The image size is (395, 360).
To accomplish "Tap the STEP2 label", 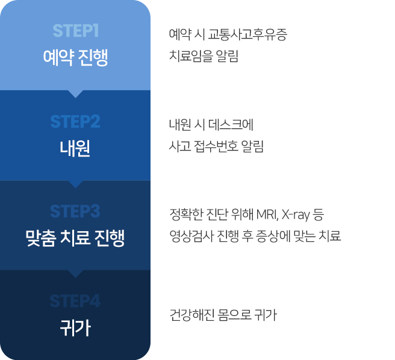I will pos(75,122).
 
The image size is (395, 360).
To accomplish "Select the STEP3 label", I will pos(75,211).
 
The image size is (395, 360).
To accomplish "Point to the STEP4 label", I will pos(75,301).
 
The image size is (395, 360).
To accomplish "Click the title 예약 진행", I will pos(75,58).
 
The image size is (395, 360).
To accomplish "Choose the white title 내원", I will pos(75,148).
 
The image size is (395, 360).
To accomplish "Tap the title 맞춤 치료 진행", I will pos(75,238).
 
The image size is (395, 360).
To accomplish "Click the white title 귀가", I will pos(75,328).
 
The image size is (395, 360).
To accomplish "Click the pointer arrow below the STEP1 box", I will pos(75,93).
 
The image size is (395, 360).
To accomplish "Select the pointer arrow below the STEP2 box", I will pos(75,183).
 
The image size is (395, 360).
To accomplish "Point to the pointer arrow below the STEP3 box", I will pos(75,273).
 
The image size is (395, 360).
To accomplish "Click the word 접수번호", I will pos(217,146).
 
